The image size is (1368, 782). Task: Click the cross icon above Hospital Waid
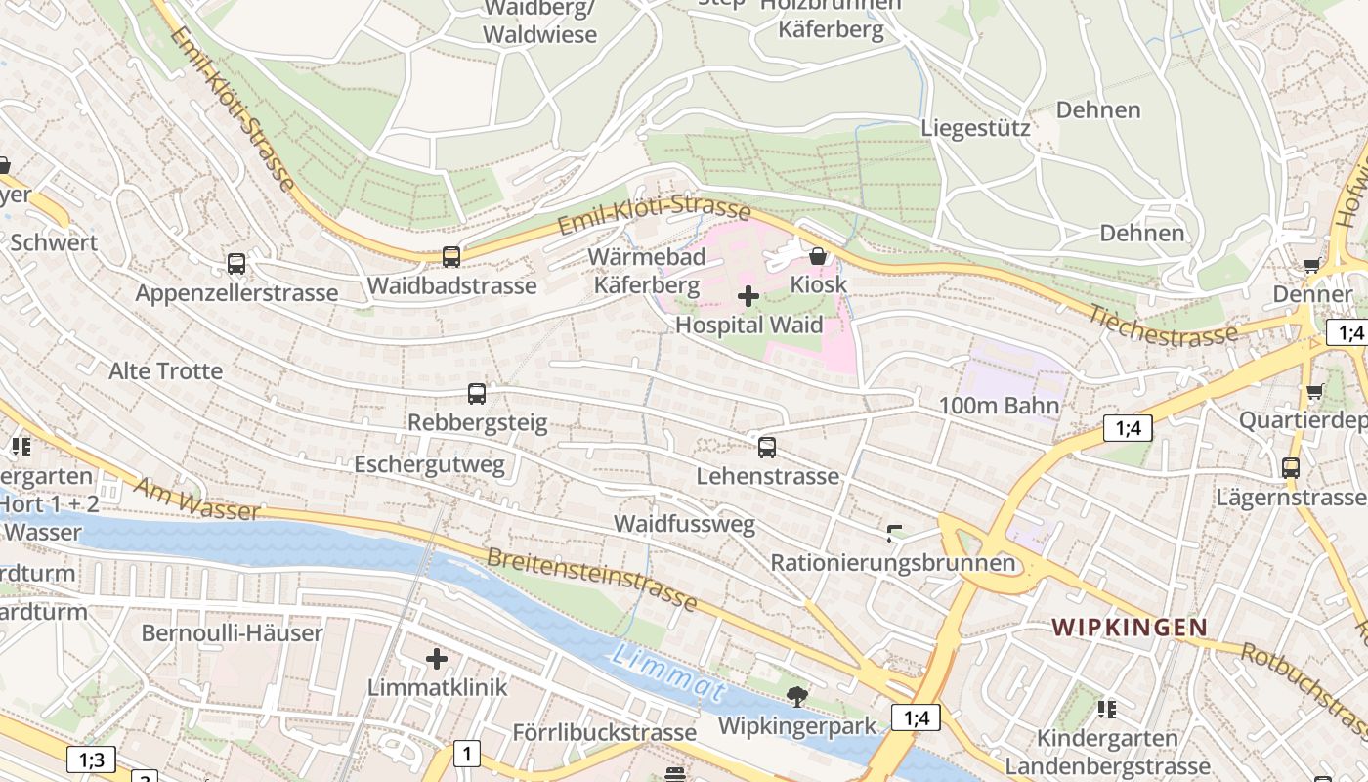748,296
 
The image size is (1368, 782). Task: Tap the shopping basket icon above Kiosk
818,256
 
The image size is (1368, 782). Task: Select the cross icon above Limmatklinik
437,659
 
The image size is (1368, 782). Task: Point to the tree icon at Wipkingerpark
797,697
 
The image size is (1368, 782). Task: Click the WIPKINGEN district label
1130,628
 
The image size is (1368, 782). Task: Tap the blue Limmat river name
669,673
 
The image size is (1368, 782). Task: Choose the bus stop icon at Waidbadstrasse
450,257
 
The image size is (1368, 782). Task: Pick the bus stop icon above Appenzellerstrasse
235,264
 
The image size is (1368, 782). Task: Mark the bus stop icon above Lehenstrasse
767,448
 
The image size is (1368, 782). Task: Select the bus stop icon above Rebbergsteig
477,394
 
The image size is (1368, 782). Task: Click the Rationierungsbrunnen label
893,563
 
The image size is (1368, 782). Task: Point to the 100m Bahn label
999,406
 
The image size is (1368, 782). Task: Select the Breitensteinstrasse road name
591,578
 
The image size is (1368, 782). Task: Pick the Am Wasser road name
197,500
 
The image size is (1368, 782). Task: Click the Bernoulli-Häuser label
232,632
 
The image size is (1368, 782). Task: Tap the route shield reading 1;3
91,759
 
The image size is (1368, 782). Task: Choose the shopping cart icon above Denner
1311,265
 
